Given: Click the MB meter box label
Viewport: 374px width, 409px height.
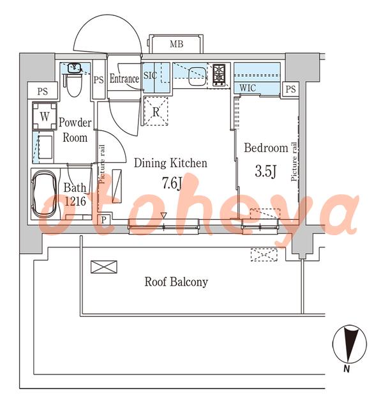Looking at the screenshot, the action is (177, 44).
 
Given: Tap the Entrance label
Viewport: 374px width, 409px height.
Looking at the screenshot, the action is (124, 79).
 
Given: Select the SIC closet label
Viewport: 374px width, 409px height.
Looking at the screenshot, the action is (150, 75).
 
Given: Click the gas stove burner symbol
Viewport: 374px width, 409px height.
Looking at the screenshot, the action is (219, 74).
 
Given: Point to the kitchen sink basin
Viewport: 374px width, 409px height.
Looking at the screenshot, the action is (197, 76).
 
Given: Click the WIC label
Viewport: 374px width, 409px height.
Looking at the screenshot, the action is (248, 88).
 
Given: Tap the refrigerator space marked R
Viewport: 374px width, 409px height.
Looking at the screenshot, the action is (156, 111).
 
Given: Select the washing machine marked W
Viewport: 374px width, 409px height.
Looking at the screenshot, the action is (45, 116).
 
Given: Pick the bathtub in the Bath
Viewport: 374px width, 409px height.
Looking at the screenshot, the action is (44, 194).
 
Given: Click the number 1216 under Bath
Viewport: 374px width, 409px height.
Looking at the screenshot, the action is (75, 201).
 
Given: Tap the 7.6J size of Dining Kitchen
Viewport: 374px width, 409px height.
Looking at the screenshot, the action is (172, 183).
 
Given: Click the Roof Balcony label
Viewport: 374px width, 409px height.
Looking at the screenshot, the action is (176, 282).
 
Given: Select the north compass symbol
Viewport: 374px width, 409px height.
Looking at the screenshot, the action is (349, 344).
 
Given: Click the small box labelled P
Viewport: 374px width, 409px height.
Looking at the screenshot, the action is (104, 220).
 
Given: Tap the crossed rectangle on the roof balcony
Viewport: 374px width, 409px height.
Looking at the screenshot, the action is (104, 267).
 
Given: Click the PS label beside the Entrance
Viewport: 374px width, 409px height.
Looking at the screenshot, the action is (98, 80).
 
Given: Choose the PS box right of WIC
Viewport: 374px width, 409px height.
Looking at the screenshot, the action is (290, 89).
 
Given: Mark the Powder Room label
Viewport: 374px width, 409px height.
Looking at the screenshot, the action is (75, 130).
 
